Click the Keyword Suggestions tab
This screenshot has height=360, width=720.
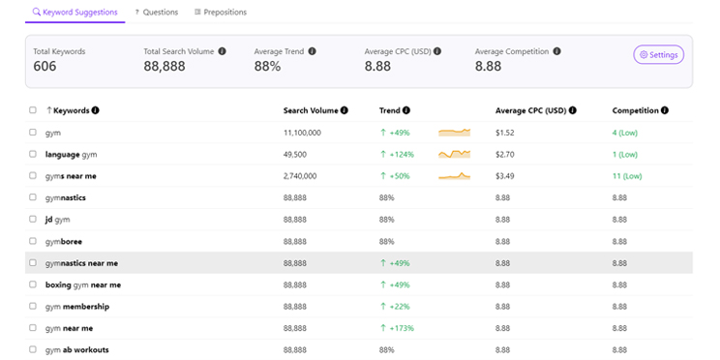75,13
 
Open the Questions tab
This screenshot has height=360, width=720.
157,13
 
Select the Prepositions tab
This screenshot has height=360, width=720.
221,13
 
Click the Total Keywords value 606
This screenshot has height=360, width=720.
45,67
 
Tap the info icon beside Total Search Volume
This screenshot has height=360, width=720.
222,51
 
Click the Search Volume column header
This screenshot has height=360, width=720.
310,110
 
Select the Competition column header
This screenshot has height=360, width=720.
635,110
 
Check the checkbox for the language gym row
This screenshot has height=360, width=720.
33,155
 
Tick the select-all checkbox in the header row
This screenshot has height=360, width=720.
33,111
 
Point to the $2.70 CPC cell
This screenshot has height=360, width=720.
505,155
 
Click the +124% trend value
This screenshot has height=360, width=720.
401,155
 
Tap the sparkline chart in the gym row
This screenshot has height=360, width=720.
454,133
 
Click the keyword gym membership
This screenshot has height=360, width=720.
76,307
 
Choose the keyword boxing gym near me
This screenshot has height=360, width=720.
82,285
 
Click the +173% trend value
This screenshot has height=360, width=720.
401,328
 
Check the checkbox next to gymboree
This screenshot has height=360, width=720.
33,241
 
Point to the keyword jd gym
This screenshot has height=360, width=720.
57,220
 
